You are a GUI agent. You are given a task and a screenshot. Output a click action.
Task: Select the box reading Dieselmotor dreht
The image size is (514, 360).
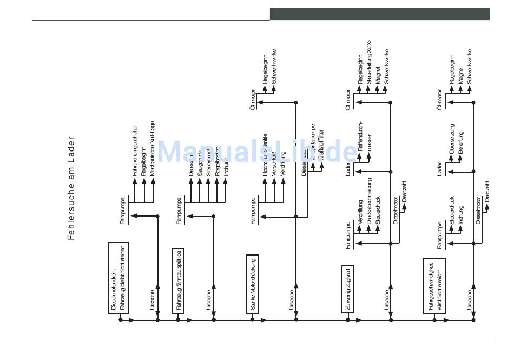(118, 278)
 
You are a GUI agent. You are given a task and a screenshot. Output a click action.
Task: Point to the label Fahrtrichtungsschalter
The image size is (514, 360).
(135, 150)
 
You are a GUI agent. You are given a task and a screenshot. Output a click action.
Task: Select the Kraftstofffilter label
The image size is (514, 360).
(321, 145)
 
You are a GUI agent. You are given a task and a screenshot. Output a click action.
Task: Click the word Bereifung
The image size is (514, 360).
(460, 146)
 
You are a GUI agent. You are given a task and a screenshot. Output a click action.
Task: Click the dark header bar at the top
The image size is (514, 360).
(379, 14)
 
